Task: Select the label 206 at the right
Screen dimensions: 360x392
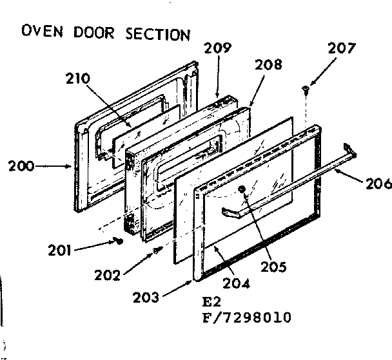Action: point(378,184)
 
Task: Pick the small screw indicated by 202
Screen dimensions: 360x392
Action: point(156,249)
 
